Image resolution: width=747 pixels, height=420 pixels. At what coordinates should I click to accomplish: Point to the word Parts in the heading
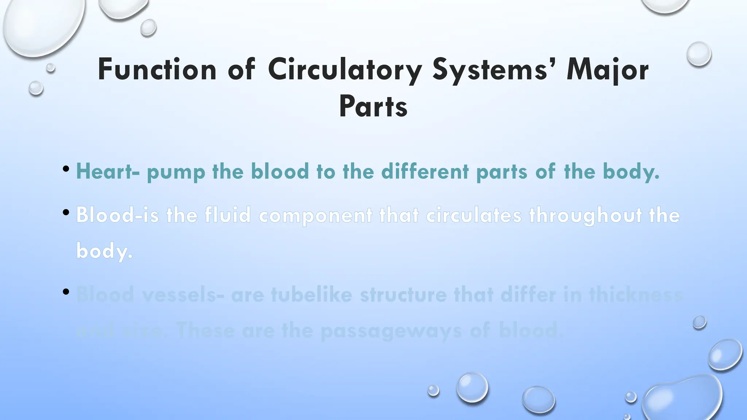(x=373, y=107)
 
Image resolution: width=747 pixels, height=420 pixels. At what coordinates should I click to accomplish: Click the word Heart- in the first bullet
(x=108, y=171)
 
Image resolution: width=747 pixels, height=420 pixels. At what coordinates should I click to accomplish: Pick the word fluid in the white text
(x=228, y=215)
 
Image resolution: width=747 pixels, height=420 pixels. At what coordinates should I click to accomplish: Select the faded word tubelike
(x=311, y=295)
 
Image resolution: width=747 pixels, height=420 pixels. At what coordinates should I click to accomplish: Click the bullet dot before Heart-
(x=66, y=169)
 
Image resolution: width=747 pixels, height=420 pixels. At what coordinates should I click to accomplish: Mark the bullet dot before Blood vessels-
(x=66, y=292)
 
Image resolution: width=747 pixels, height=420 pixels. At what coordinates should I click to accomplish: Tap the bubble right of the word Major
(x=699, y=54)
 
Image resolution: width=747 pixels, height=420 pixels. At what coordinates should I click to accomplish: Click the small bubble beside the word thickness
(x=700, y=322)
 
